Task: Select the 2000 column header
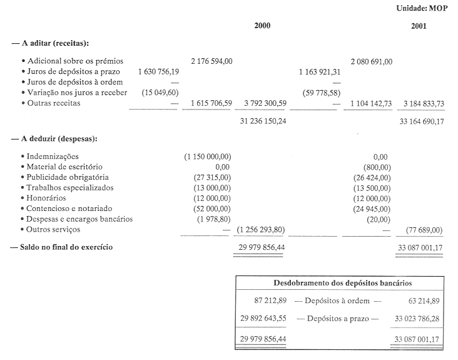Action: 263,26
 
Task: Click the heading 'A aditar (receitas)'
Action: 50,43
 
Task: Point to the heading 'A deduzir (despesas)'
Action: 53,138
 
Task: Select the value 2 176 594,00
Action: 212,61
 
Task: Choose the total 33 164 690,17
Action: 422,121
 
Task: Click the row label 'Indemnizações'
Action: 53,157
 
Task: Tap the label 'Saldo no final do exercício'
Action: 63,247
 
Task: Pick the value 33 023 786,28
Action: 417,318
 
